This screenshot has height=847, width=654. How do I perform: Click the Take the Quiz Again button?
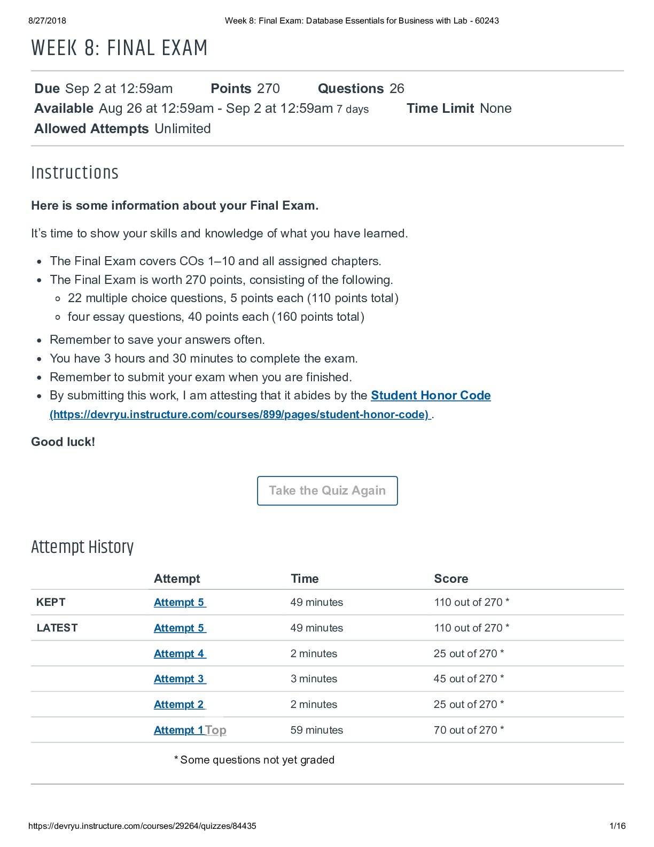(327, 490)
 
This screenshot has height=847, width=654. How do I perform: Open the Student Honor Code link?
(431, 395)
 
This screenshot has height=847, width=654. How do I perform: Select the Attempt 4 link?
(180, 653)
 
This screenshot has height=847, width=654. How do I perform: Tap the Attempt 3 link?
(180, 679)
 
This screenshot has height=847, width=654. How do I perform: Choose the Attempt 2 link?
(180, 704)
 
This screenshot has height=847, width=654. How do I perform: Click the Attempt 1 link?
(178, 730)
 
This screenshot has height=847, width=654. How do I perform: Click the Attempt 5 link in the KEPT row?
(180, 602)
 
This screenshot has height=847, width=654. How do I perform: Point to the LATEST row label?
(57, 628)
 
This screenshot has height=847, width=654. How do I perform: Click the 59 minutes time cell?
(316, 730)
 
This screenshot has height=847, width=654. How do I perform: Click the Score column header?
(451, 579)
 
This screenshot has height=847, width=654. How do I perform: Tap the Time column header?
(305, 579)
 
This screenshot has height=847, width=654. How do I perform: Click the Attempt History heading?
(82, 547)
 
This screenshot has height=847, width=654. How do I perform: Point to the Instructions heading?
(75, 173)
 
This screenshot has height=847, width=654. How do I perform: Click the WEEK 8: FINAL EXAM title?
(119, 48)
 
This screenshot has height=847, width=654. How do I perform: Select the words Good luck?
(63, 442)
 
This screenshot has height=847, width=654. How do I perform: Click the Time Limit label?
(440, 109)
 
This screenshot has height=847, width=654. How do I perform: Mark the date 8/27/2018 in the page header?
(48, 21)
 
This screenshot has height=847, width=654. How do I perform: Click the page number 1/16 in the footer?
(617, 826)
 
